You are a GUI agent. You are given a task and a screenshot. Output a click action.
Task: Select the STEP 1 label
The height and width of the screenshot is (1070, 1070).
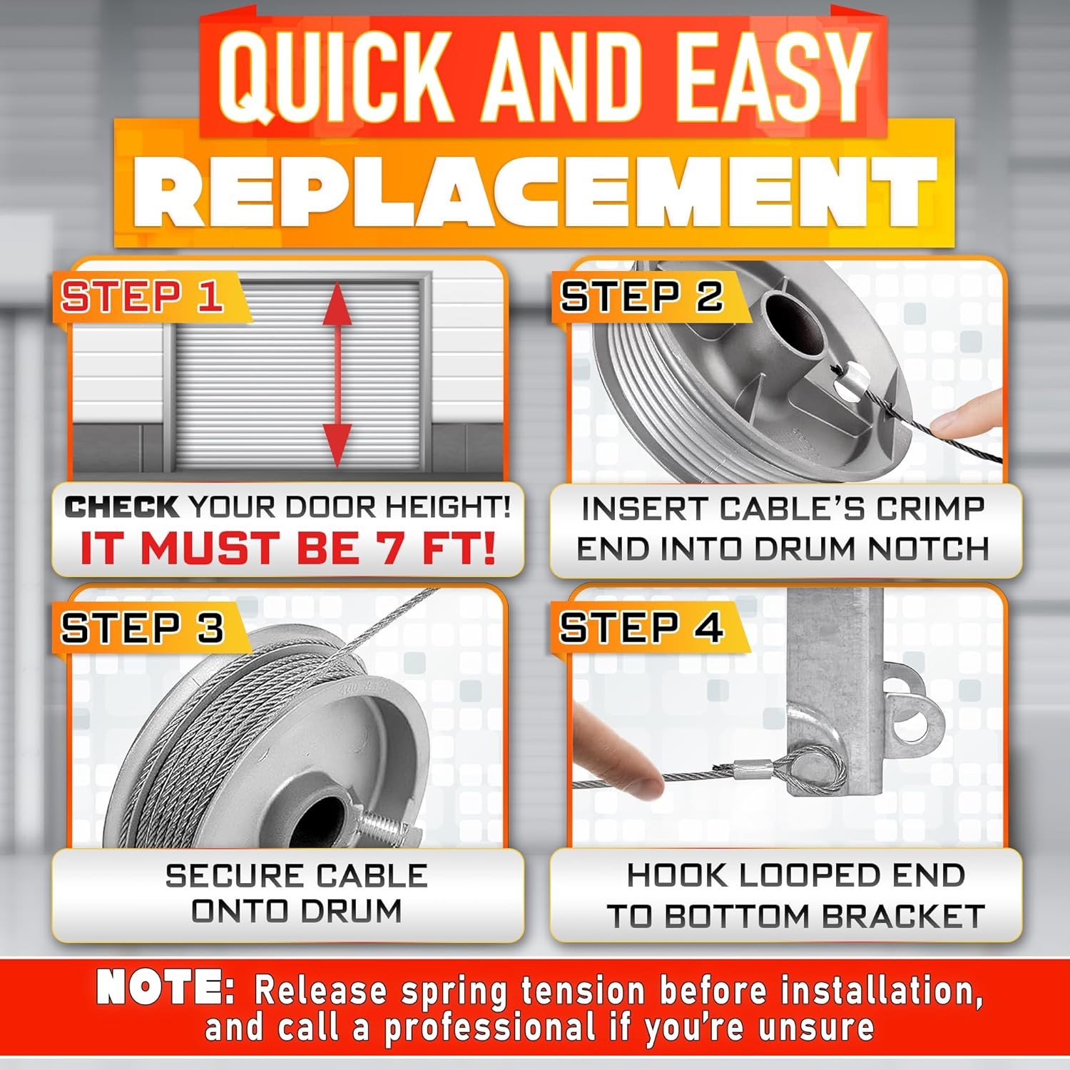click(x=142, y=296)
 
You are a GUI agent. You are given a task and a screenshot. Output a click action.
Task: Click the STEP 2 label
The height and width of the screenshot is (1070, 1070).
click(x=641, y=296)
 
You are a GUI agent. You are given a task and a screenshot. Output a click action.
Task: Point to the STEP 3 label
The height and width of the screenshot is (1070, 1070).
click(x=142, y=628)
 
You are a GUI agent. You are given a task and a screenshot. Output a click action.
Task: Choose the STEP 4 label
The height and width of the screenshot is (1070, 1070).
click(x=641, y=628)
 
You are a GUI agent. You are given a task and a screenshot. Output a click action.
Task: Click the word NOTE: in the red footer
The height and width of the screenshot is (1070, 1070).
click(x=165, y=988)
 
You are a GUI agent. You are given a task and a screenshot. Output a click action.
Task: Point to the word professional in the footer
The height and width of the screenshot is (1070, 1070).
click(x=489, y=1027)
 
